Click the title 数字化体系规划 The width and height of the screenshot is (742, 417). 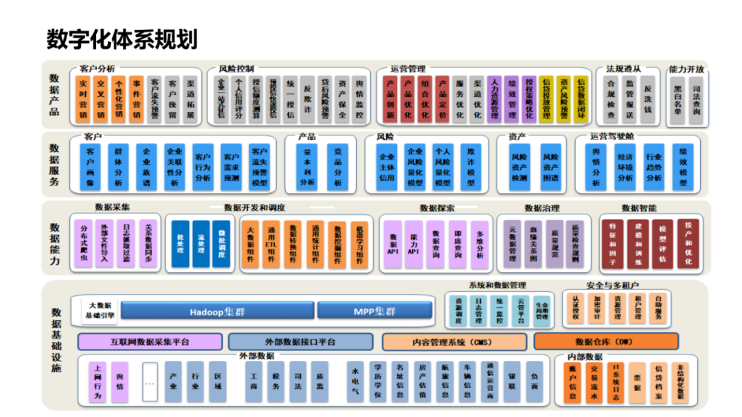click(122, 39)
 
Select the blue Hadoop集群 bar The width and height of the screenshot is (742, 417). click(217, 311)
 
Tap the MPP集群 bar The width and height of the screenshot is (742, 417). click(374, 311)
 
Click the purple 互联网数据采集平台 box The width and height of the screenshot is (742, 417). click(150, 341)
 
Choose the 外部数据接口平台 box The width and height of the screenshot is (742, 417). click(300, 341)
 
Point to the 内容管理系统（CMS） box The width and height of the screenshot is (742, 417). click(453, 341)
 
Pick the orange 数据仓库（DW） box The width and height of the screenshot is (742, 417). click(605, 341)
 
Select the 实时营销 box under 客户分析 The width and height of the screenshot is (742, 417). click(83, 99)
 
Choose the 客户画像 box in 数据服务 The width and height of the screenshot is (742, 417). click(93, 166)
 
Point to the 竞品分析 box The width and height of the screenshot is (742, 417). click(337, 166)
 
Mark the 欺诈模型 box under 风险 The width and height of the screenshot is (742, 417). click(471, 166)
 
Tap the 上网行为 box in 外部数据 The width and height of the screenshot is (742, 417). click(98, 382)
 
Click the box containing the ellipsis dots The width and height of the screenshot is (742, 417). click(150, 382)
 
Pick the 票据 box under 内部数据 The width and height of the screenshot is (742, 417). click(638, 382)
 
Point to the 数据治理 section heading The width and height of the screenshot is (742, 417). click(542, 207)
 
